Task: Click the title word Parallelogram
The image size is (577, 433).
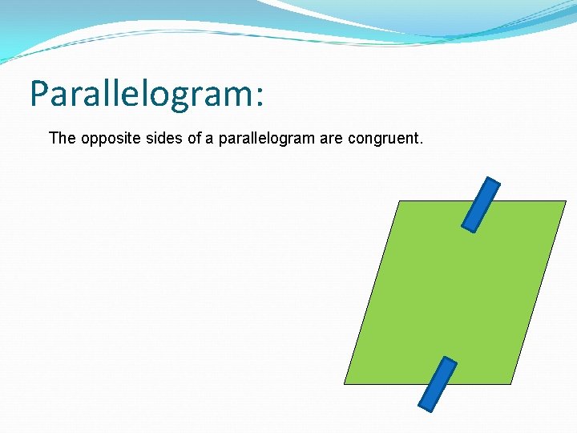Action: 141,95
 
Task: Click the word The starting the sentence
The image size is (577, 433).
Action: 62,138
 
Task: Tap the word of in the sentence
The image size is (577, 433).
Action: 194,138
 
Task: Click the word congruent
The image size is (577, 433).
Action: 383,139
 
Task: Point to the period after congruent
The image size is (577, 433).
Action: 421,144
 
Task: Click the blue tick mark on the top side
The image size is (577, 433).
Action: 481,204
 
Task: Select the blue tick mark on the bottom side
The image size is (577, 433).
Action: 438,384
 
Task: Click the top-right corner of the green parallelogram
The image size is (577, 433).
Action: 565,201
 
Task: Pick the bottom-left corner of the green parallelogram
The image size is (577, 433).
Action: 345,383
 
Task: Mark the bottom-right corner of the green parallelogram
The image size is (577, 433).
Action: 510,383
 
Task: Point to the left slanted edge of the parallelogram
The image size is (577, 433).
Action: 371,293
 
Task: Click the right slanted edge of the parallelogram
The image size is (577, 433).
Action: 538,293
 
